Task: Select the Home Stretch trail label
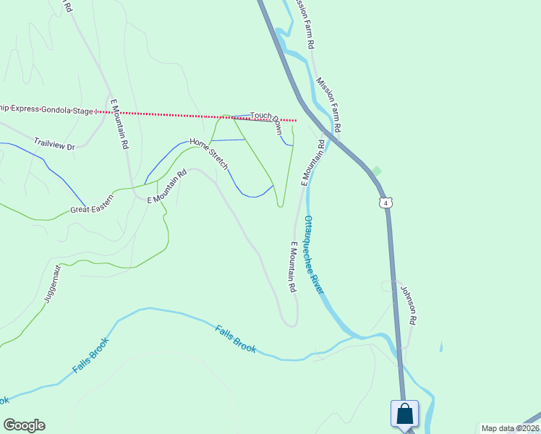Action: (209, 153)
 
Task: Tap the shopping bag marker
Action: (405, 414)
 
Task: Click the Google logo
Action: (24, 425)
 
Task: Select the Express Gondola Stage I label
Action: (47, 109)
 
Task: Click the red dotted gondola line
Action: (181, 115)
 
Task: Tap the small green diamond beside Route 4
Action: (376, 171)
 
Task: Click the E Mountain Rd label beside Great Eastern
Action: (167, 187)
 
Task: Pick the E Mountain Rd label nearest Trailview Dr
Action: (119, 123)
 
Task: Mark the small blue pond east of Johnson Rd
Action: (441, 346)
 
